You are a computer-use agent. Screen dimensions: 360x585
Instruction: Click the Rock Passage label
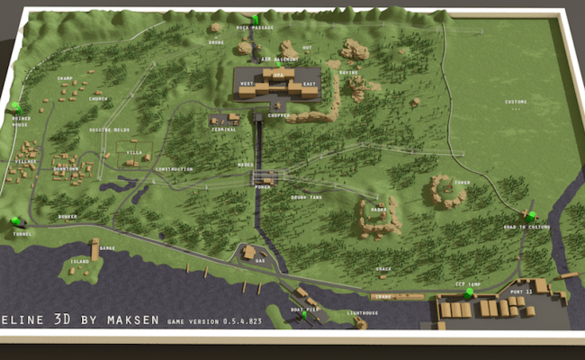[x=255, y=28]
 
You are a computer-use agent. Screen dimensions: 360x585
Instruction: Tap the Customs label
[x=515, y=102]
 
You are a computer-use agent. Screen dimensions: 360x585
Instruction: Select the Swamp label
[x=65, y=78]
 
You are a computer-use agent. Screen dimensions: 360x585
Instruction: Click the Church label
[x=98, y=99]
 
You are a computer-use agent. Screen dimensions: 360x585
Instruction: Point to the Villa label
[x=133, y=153]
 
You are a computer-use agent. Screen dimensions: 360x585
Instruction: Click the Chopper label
[x=278, y=116]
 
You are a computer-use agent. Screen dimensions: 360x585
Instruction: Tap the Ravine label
[x=348, y=72]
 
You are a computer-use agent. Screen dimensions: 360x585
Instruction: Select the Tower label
[x=463, y=183]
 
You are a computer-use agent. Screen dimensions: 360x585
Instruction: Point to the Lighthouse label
[x=362, y=313]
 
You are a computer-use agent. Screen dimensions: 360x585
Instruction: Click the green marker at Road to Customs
[x=531, y=215]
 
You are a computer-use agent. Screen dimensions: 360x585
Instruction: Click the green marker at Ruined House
[x=14, y=106]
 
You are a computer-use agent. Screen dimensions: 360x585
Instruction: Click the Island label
[x=80, y=261]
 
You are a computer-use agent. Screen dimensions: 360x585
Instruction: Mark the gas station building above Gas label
[x=248, y=251]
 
